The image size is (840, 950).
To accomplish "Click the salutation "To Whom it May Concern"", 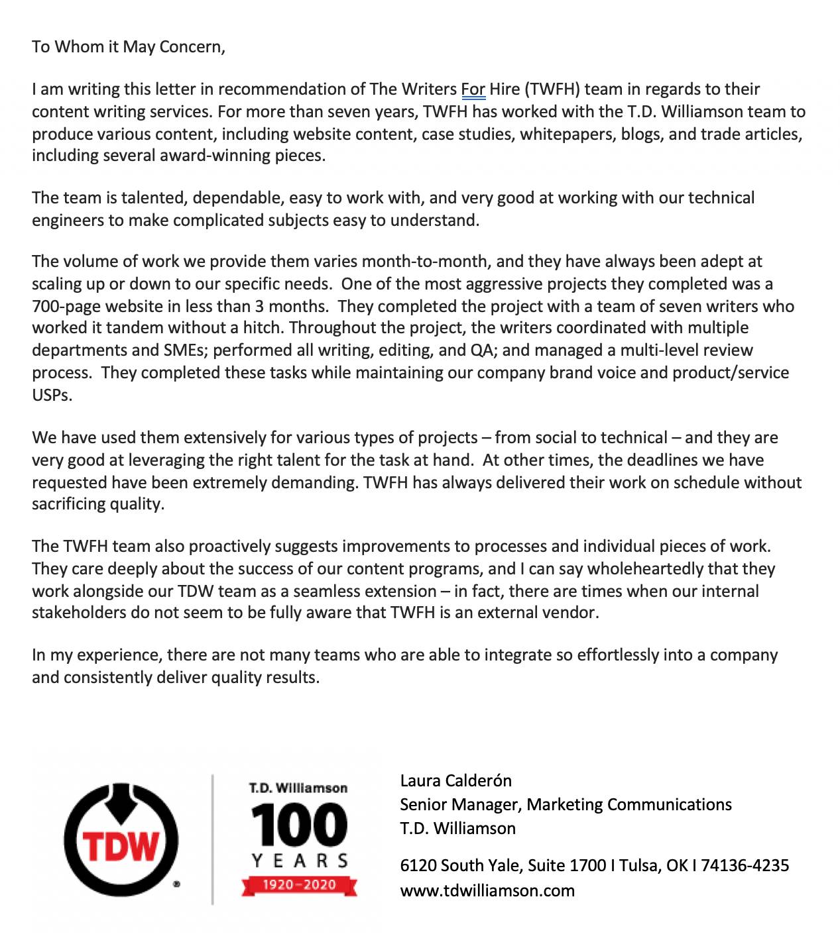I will [128, 47].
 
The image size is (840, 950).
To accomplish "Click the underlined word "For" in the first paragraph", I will [473, 89].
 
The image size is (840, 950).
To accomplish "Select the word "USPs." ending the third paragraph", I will [52, 396].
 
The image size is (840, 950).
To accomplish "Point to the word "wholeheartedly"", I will [636, 569].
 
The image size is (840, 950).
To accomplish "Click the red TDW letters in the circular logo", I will [121, 846].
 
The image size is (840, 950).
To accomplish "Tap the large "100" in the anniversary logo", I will [299, 825].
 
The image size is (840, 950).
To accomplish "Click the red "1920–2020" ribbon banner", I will [299, 884].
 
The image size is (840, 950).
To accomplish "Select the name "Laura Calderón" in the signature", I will [456, 780].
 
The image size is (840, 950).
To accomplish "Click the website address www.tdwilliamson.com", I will [487, 890].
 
